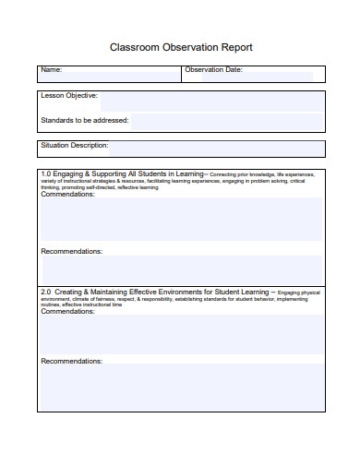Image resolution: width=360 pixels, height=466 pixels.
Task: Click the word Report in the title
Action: coord(234,46)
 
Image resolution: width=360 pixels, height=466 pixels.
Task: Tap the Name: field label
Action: coord(51,70)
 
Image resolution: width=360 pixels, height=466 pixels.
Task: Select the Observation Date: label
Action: coord(214,70)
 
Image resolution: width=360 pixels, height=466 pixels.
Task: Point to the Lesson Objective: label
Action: coord(69,96)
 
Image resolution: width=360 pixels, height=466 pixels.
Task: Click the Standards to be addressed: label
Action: coord(85,120)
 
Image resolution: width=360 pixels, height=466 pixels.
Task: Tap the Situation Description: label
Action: coord(75,146)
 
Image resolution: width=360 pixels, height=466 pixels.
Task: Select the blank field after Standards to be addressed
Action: coord(226,121)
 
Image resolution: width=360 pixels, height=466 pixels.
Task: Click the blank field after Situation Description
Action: coord(217,149)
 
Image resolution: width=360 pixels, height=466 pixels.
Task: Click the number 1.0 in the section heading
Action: coord(46,173)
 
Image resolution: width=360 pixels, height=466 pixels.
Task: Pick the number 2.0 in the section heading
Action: coord(46,292)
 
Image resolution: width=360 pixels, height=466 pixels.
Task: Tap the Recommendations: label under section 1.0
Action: coord(72,251)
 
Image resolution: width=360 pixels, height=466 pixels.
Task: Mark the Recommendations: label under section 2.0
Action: coord(72,361)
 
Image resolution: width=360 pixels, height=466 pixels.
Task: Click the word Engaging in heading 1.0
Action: coord(69,173)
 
